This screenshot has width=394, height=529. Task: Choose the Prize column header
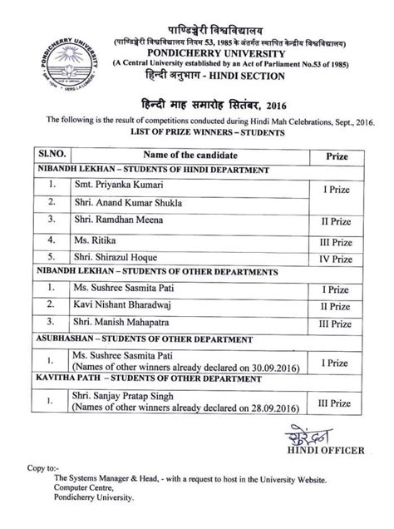[325, 156]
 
